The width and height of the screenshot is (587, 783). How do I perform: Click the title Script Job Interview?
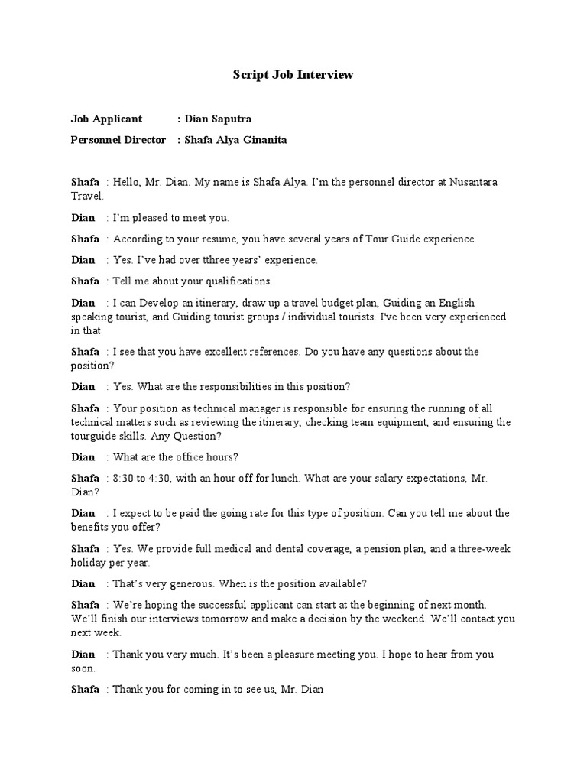coord(293,75)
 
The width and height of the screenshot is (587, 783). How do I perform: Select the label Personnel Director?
coord(118,140)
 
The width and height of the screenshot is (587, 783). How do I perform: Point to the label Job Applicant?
coord(106,119)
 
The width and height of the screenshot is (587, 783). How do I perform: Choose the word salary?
coord(386,478)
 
